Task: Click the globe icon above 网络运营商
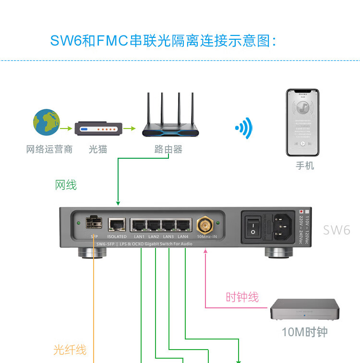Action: coord(47,122)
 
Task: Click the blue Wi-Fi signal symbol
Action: coord(244,128)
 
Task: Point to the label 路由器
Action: coord(168,150)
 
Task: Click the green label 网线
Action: coord(66,185)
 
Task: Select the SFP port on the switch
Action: coord(94,223)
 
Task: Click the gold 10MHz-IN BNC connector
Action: coord(205,225)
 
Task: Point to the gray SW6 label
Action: coord(336,230)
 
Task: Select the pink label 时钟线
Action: coord(242,297)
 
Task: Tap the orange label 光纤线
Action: coord(70,350)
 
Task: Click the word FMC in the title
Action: coord(113,41)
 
